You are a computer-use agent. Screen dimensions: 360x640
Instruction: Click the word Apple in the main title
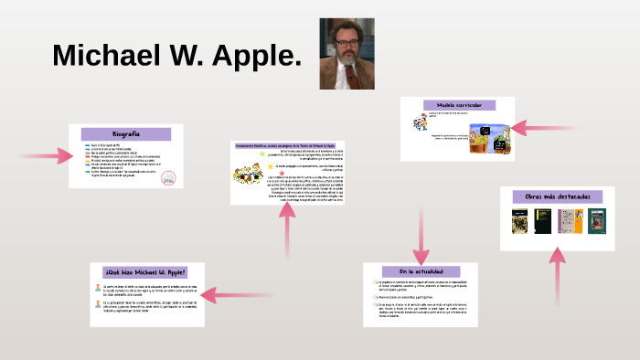(x=256, y=55)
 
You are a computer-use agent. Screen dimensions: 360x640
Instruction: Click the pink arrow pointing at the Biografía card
(x=46, y=155)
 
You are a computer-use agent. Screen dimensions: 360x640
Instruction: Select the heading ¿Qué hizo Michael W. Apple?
(x=145, y=272)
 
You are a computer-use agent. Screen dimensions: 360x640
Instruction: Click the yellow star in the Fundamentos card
(x=263, y=154)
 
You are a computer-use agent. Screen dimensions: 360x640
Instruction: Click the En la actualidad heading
(x=421, y=271)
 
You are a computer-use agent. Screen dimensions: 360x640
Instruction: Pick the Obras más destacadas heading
(x=558, y=196)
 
